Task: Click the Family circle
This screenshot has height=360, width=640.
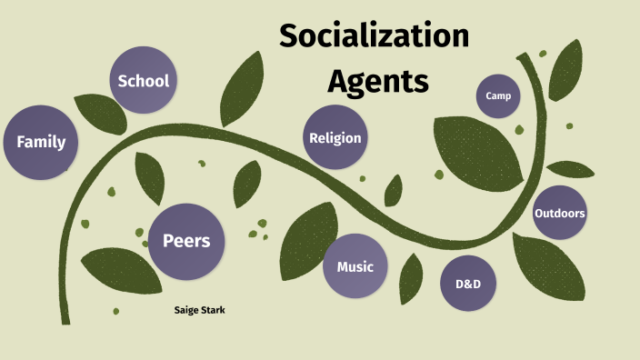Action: tap(40, 142)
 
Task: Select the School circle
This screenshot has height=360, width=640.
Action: tap(143, 80)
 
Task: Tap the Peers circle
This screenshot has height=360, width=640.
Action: tap(185, 241)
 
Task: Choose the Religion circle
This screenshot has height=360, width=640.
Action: tap(335, 137)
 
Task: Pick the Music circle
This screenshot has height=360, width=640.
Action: tap(355, 267)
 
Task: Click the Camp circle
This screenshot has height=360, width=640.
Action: tap(498, 95)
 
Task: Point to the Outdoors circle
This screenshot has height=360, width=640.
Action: tap(559, 213)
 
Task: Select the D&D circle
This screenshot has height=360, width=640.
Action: tap(467, 284)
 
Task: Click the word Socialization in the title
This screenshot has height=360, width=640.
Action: tap(374, 38)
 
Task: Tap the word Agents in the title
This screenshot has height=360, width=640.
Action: tap(377, 82)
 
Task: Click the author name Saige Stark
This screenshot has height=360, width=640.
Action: tap(199, 311)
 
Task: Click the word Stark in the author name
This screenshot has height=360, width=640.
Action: tap(213, 311)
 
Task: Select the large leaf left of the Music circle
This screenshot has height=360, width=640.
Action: tap(301, 247)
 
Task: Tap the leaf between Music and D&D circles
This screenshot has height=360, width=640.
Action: tap(411, 276)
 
